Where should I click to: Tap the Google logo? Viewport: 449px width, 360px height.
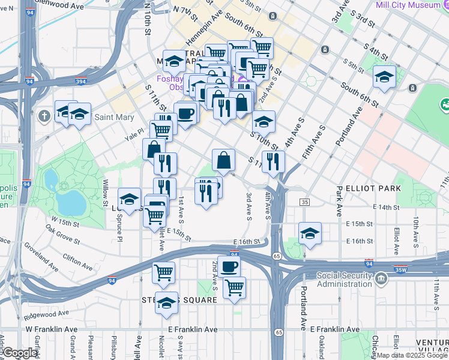tap(20, 353)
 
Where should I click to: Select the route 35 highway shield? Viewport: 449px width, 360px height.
tap(306, 202)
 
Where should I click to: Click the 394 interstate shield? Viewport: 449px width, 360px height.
tap(79, 82)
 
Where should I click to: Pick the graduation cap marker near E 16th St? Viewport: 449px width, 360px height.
tap(309, 233)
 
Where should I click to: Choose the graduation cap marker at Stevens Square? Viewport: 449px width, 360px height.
tap(166, 302)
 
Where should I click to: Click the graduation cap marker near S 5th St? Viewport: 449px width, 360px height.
tap(384, 77)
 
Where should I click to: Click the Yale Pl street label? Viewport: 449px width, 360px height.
tap(134, 135)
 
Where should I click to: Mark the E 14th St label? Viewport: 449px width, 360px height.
tap(386, 207)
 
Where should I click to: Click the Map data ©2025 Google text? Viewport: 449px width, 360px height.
tap(412, 355)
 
